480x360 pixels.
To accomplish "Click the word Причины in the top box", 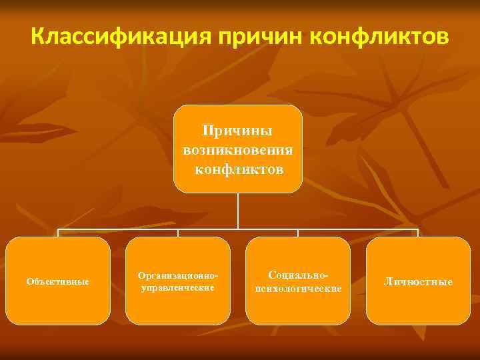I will pos(238,131).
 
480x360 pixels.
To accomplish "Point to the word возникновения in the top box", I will pos(238,150).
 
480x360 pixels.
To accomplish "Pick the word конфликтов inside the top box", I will pos(238,169).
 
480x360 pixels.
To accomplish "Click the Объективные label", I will pos(58,281).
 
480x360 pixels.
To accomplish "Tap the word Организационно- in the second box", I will pos(177,275).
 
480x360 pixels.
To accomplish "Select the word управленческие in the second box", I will pos(177,288).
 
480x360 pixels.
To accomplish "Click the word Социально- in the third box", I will pos(298,275).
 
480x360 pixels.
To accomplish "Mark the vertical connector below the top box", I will pos(238,211).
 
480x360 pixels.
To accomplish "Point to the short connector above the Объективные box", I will pos(58,233).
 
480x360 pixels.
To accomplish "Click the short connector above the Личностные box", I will pos(418,233).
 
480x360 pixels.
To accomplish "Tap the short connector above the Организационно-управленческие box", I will pos(178,233).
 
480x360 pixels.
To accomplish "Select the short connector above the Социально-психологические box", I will pos(298,233).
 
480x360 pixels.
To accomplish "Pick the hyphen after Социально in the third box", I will pos(327,275).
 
